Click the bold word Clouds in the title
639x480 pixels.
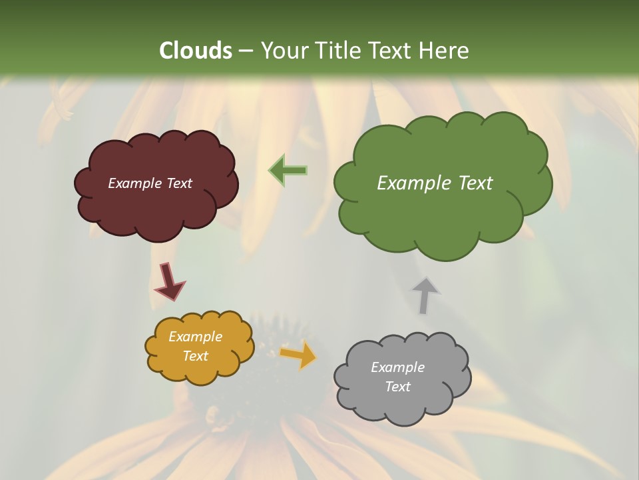[x=196, y=51]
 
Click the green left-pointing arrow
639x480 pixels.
[x=288, y=170]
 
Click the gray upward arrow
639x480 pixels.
[x=425, y=295]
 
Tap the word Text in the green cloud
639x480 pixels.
[x=476, y=183]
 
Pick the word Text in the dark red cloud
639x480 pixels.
[x=179, y=183]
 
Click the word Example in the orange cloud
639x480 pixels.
[x=195, y=337]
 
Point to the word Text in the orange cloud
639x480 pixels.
[x=195, y=356]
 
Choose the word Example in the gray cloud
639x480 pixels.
[x=397, y=367]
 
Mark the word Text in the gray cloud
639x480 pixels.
[x=397, y=387]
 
